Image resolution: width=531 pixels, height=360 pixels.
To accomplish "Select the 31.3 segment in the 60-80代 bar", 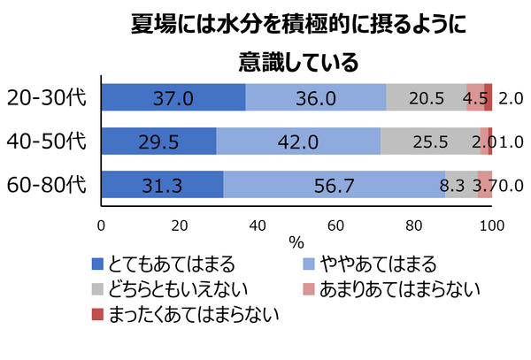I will pos(163,185).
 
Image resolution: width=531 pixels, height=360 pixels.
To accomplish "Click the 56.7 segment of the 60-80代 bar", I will pos(334,185).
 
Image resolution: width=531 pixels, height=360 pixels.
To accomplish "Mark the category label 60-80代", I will pos(46,185).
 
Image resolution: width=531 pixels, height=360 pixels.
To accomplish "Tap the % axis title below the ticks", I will pos(296,241).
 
